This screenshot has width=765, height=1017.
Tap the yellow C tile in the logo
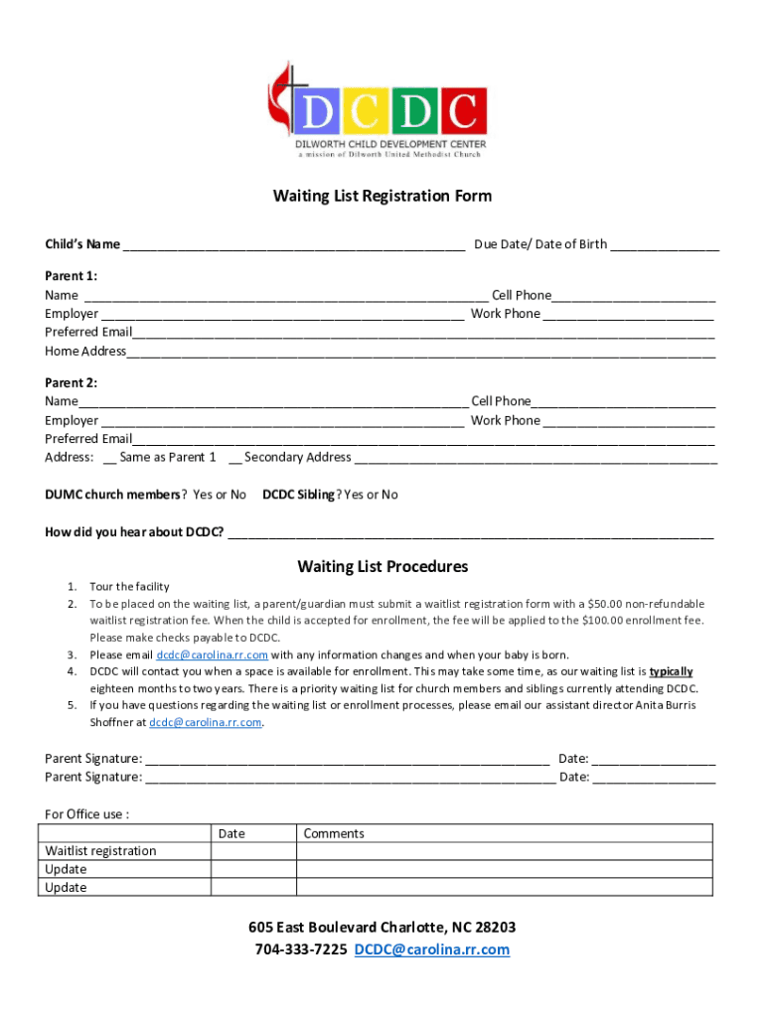click(x=364, y=112)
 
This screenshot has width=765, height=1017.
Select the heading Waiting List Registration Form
click(x=382, y=196)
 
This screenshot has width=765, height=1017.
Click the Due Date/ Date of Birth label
click(x=540, y=244)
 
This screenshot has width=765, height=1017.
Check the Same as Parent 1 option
click(x=107, y=458)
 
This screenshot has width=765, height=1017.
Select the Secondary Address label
click(x=297, y=457)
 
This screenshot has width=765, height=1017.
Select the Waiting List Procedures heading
click(x=382, y=567)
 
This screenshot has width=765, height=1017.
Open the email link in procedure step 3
click(x=212, y=655)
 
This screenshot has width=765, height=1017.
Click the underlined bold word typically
click(x=671, y=671)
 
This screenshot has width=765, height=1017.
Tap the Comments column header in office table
click(x=334, y=833)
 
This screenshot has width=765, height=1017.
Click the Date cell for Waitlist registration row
click(x=253, y=851)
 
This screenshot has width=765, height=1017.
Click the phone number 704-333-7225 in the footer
click(x=301, y=949)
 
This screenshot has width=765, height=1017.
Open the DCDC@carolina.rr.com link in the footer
click(x=432, y=949)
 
